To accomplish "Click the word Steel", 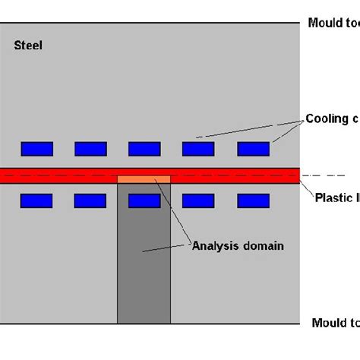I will click(28, 46).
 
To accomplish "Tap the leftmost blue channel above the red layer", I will click(36, 148).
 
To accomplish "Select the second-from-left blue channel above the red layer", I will click(90, 148).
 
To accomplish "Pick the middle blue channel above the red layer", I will click(144, 148).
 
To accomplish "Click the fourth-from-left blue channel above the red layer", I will click(198, 148).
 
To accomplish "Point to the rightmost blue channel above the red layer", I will click(253, 148).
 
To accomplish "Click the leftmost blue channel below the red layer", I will click(36, 201).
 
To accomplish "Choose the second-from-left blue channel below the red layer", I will click(90, 201).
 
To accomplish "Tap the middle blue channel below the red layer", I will click(144, 201).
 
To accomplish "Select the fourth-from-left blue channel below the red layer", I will click(198, 201).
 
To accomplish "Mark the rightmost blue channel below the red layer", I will click(253, 201).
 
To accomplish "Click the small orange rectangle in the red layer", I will click(144, 179).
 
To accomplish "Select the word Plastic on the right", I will click(332, 198).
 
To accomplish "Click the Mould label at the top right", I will click(324, 23).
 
